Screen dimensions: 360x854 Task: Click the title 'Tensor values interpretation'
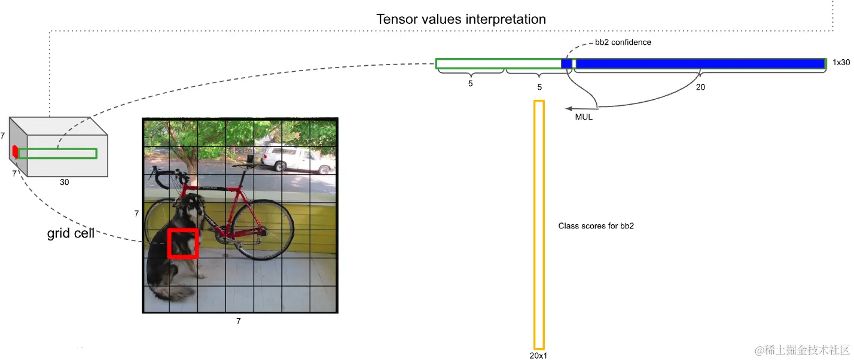point(460,19)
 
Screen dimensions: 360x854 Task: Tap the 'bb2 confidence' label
point(623,42)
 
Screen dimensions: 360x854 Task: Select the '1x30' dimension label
point(841,63)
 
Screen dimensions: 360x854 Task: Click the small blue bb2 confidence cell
point(566,64)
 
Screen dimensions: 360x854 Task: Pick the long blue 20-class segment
point(700,64)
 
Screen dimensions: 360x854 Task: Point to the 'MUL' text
point(583,117)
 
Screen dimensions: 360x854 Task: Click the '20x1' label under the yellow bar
point(538,355)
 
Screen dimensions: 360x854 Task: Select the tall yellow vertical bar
point(539,224)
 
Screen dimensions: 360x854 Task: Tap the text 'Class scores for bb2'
point(596,226)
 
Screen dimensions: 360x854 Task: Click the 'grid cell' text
point(71,233)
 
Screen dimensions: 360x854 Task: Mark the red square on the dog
point(182,243)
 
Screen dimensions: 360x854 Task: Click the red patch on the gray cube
point(15,152)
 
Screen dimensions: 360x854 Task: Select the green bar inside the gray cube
point(57,154)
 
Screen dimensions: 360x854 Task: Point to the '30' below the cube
point(64,182)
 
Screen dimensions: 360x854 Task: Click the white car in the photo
point(289,158)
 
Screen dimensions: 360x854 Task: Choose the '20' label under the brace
point(700,87)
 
